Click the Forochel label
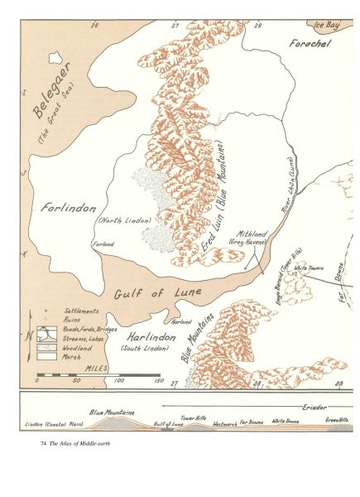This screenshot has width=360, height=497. tap(308, 41)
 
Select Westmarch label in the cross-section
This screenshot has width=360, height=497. tap(224, 422)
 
